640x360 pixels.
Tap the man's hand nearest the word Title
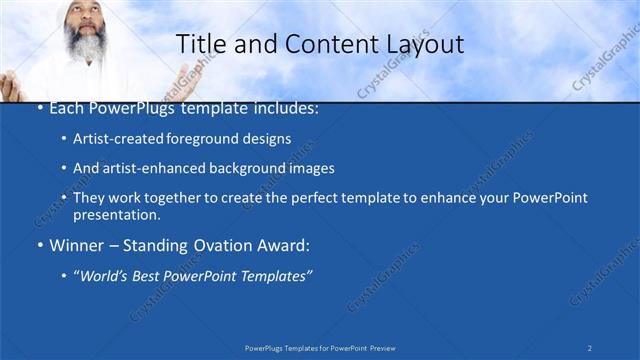[180, 76]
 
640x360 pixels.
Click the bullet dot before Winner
[39, 245]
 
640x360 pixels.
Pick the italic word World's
[107, 275]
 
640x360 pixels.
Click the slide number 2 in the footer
[590, 347]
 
